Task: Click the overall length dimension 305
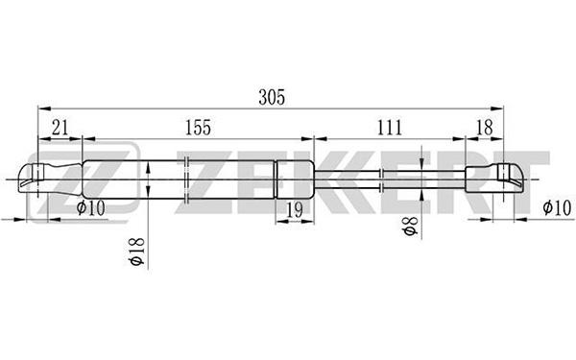272,97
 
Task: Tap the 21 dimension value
60,128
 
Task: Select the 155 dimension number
198,128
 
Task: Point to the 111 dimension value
390,128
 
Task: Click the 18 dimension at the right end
484,128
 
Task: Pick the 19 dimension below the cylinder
295,210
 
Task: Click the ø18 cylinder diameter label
137,252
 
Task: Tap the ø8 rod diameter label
410,226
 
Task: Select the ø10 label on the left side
91,208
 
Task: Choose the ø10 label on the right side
557,208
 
